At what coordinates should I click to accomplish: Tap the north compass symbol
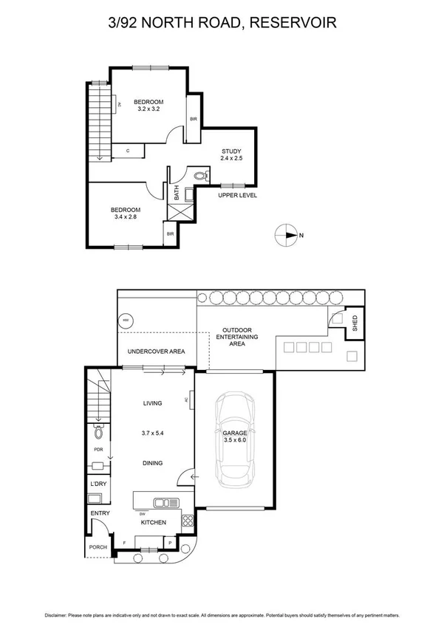click(x=284, y=236)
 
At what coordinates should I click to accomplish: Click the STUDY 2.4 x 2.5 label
click(x=231, y=155)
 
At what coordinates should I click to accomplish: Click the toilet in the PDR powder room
click(x=98, y=434)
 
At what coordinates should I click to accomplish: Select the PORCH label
click(x=98, y=547)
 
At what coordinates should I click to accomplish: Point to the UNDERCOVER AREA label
click(x=156, y=352)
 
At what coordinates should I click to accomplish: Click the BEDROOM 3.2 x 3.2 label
click(x=148, y=105)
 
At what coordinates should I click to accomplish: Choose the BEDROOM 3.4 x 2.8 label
click(x=125, y=213)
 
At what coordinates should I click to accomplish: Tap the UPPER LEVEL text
click(x=236, y=195)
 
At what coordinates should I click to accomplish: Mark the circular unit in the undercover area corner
click(x=126, y=320)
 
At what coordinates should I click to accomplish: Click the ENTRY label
click(x=99, y=513)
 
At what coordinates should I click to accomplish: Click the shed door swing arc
click(x=337, y=319)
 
